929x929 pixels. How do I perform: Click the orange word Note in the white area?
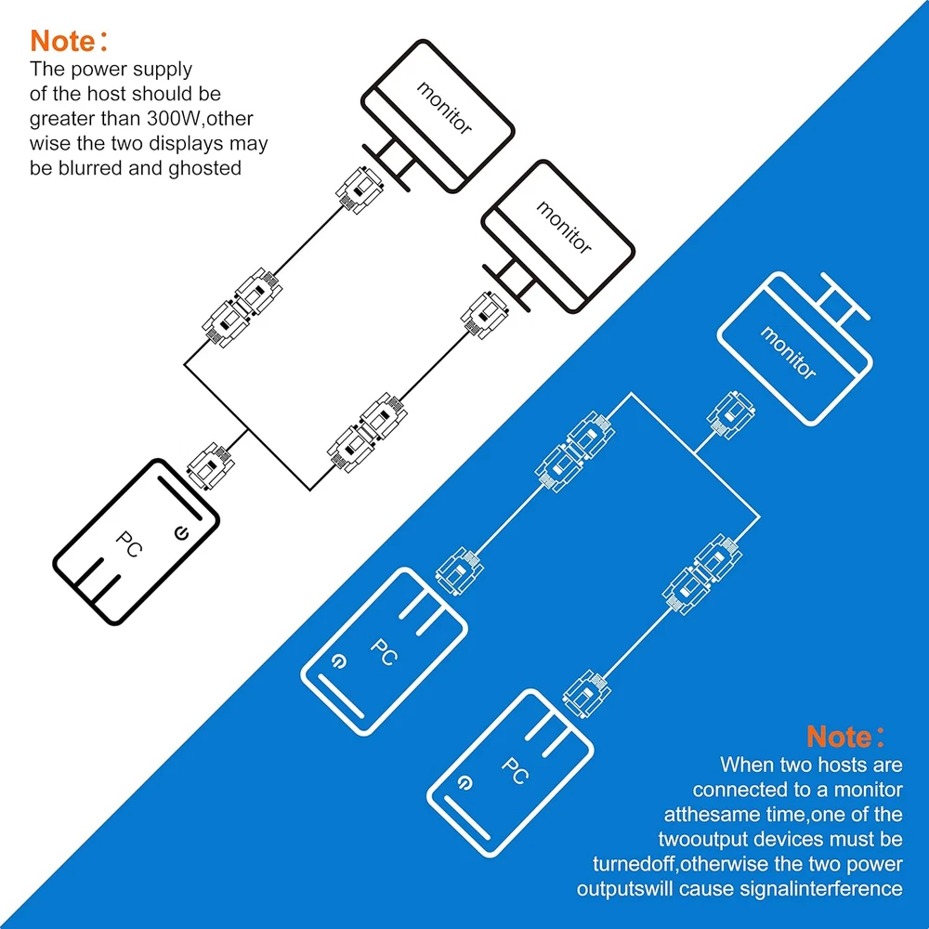63,41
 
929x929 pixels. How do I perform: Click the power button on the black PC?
181,533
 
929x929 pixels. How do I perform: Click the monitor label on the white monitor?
788,352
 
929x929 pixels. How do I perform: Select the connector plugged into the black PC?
205,465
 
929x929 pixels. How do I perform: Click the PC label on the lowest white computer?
512,770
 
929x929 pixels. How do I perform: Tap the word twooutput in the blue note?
719,840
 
